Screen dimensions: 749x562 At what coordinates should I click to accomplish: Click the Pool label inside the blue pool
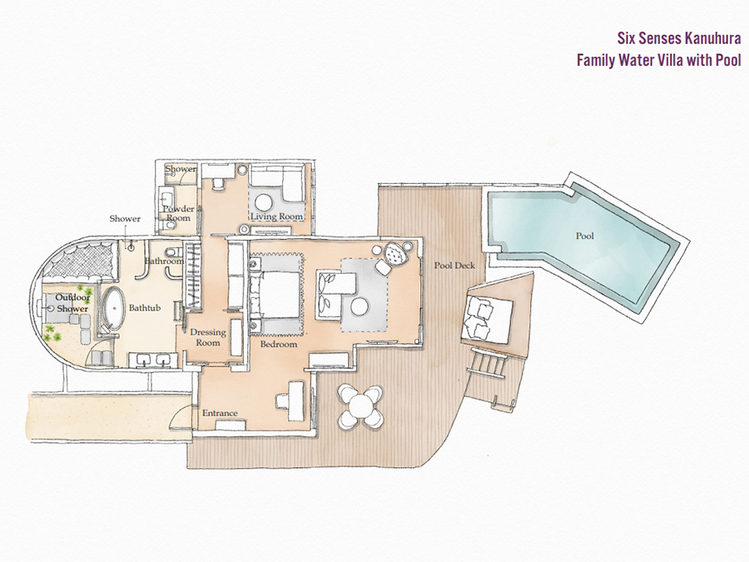click(x=585, y=236)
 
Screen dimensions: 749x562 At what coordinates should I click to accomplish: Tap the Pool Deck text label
click(x=454, y=266)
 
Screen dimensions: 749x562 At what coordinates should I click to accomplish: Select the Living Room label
click(x=277, y=216)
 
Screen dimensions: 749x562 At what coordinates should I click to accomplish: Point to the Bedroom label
click(x=279, y=344)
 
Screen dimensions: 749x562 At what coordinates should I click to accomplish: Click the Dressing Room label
click(x=208, y=337)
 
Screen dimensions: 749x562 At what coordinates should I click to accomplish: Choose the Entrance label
click(x=220, y=413)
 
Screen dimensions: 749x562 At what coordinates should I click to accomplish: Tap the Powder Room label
click(x=178, y=214)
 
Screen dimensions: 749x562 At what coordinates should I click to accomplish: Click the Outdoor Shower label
click(x=72, y=303)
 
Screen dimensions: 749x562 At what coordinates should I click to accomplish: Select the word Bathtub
click(x=145, y=308)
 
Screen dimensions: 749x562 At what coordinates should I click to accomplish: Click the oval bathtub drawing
click(x=113, y=308)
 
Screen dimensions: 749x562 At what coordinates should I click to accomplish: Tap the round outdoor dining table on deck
click(x=360, y=406)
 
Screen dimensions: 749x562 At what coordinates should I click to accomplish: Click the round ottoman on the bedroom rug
click(x=360, y=306)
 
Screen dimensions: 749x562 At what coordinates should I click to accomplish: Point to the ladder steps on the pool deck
click(x=488, y=362)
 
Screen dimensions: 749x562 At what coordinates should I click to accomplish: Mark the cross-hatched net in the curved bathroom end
click(x=82, y=261)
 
